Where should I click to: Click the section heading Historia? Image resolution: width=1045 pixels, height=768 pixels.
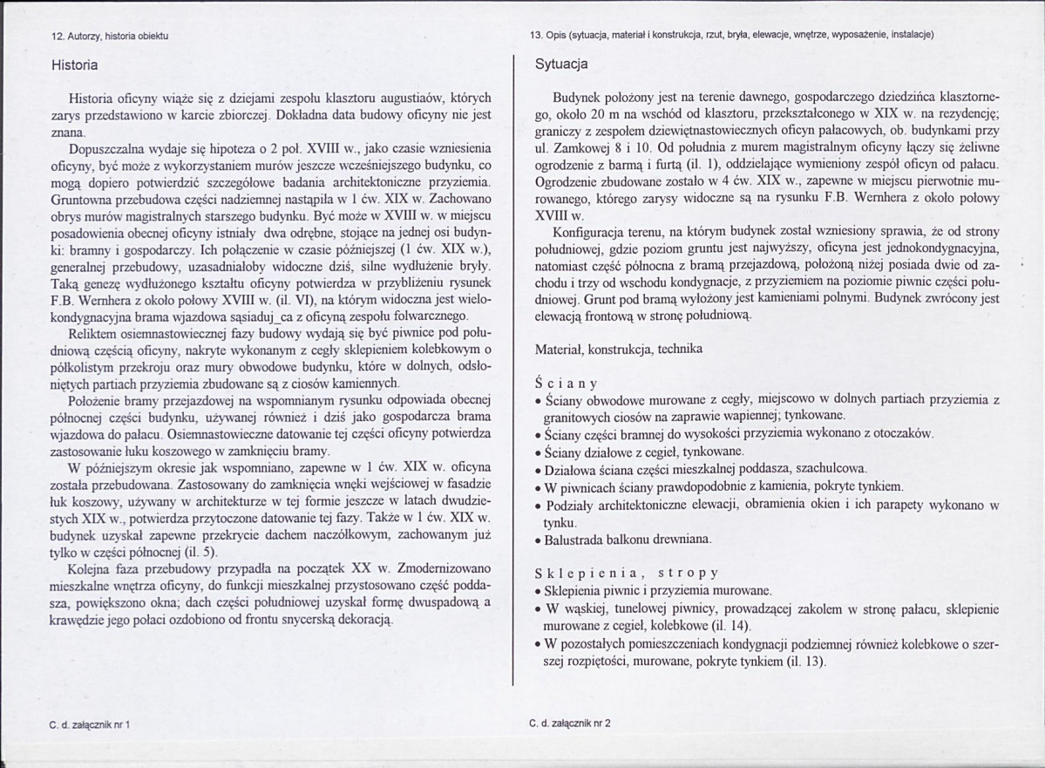click(x=74, y=65)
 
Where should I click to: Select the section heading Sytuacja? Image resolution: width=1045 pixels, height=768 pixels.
click(x=561, y=64)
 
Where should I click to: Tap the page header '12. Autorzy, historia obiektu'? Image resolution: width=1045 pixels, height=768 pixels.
click(x=111, y=36)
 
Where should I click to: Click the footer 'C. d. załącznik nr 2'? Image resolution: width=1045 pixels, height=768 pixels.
click(x=570, y=723)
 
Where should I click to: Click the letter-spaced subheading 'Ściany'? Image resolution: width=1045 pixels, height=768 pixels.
click(x=566, y=383)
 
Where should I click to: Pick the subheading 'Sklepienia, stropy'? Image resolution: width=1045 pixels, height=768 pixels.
click(x=627, y=573)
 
